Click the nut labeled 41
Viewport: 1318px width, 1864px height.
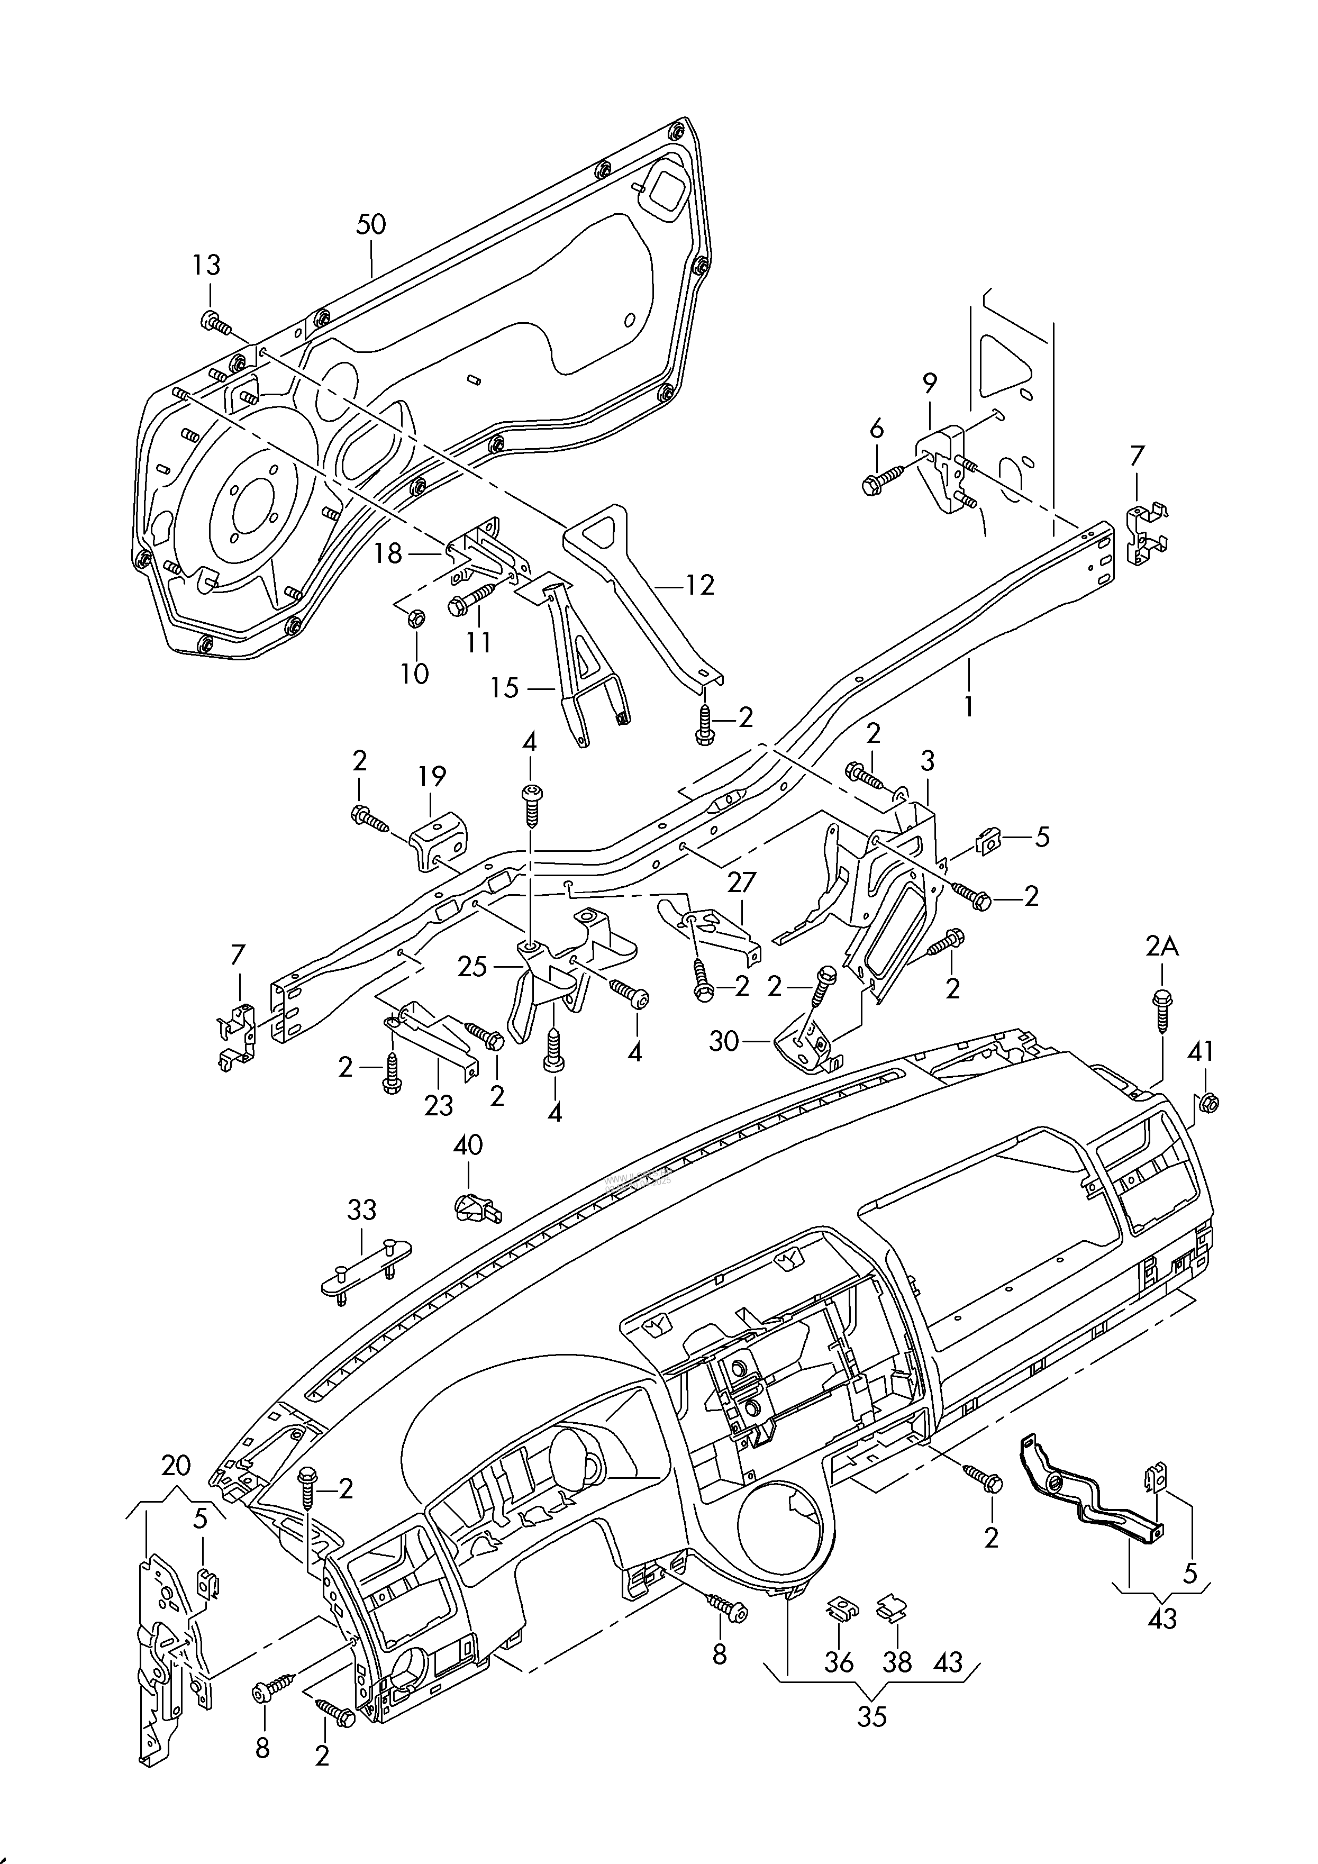(1207, 1103)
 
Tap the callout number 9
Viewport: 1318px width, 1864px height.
(929, 383)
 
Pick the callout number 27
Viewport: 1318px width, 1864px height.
(741, 883)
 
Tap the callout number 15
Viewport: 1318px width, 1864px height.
(504, 688)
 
